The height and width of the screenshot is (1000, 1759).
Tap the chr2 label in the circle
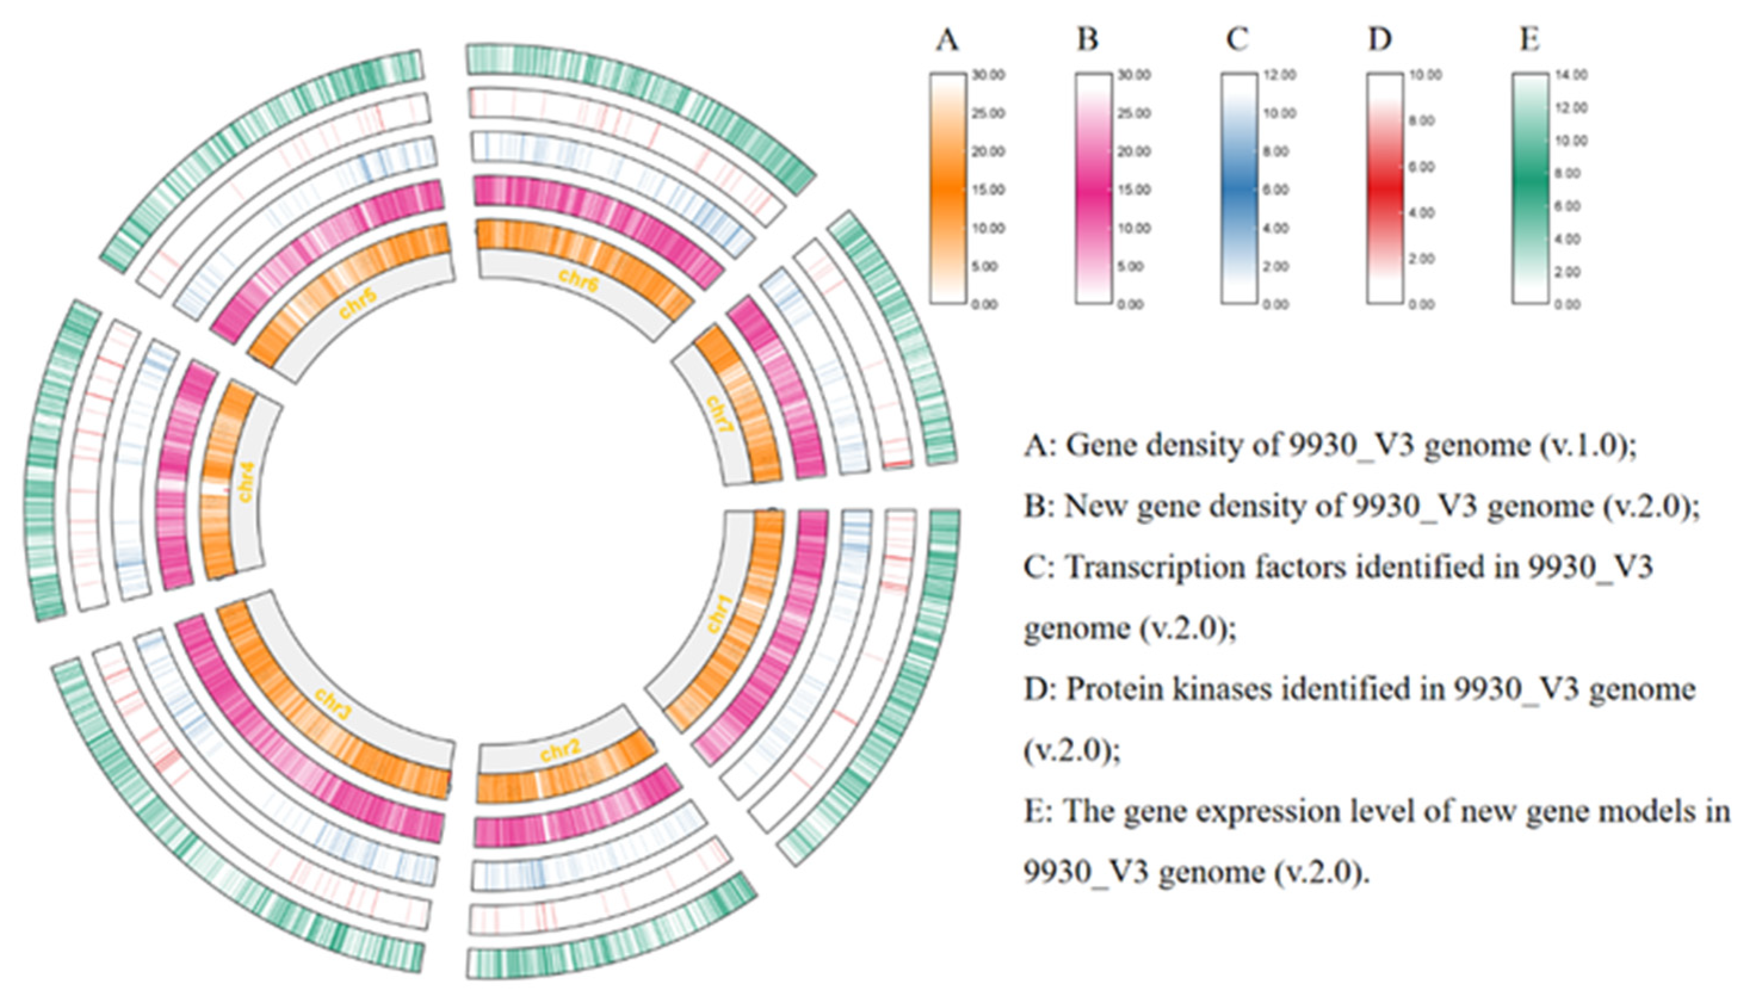pos(560,751)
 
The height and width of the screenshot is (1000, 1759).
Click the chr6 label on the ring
pos(578,280)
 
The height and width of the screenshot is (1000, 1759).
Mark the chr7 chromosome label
pos(720,414)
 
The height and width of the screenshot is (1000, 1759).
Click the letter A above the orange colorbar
pos(947,41)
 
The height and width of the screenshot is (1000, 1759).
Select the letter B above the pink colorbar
pos(1088,41)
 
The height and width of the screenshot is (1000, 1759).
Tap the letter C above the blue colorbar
pos(1237,41)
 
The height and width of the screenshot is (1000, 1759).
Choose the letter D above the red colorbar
pos(1380,41)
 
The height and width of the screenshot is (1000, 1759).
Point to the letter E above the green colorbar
pos(1529,41)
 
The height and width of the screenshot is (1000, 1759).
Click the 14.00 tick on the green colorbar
pos(1571,75)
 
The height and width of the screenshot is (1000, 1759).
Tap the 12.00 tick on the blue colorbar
pos(1280,75)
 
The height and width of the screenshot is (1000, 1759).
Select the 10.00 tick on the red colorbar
pos(1425,75)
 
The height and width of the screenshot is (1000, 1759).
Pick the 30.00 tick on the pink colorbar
pos(1134,75)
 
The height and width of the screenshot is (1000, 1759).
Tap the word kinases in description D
pos(1221,689)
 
